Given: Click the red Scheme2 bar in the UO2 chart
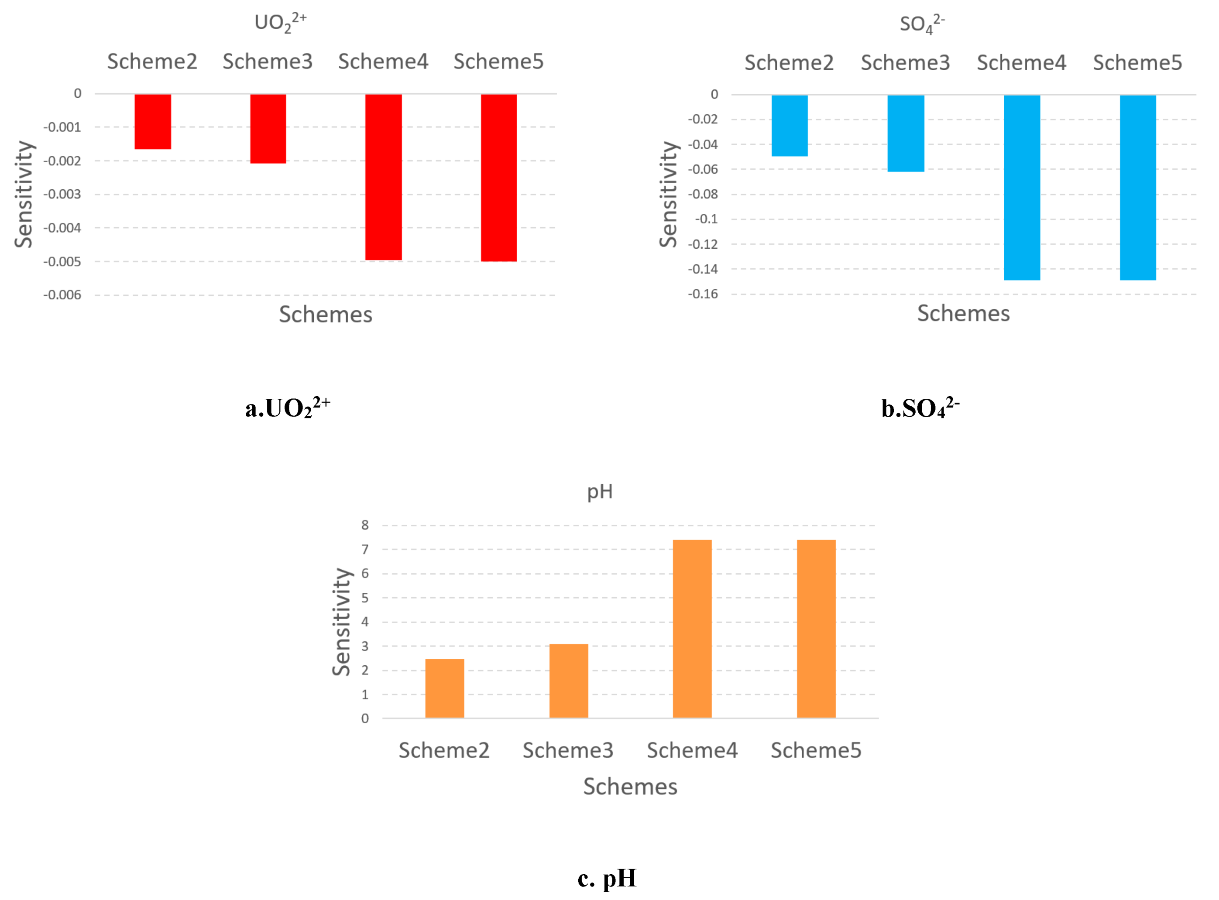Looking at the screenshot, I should coord(153,121).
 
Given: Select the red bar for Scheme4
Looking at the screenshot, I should coord(384,177).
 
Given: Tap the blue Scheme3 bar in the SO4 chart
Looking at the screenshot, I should coord(906,133).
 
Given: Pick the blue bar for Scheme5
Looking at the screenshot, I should coord(1138,188).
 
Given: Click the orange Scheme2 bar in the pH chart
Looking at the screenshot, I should coord(445,688).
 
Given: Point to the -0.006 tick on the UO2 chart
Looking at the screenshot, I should coord(62,295).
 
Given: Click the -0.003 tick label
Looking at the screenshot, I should coord(62,195).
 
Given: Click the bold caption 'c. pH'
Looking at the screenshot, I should coord(607,878).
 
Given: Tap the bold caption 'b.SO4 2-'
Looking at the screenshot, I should coord(920,407).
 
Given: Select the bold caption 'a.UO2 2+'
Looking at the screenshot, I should coord(287,407).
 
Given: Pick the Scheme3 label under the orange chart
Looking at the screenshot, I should coord(568,750).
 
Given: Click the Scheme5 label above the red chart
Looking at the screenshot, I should coord(498,62).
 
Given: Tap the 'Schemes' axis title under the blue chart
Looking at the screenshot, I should coord(963,313).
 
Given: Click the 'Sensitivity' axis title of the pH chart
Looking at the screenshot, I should coord(342,622).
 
